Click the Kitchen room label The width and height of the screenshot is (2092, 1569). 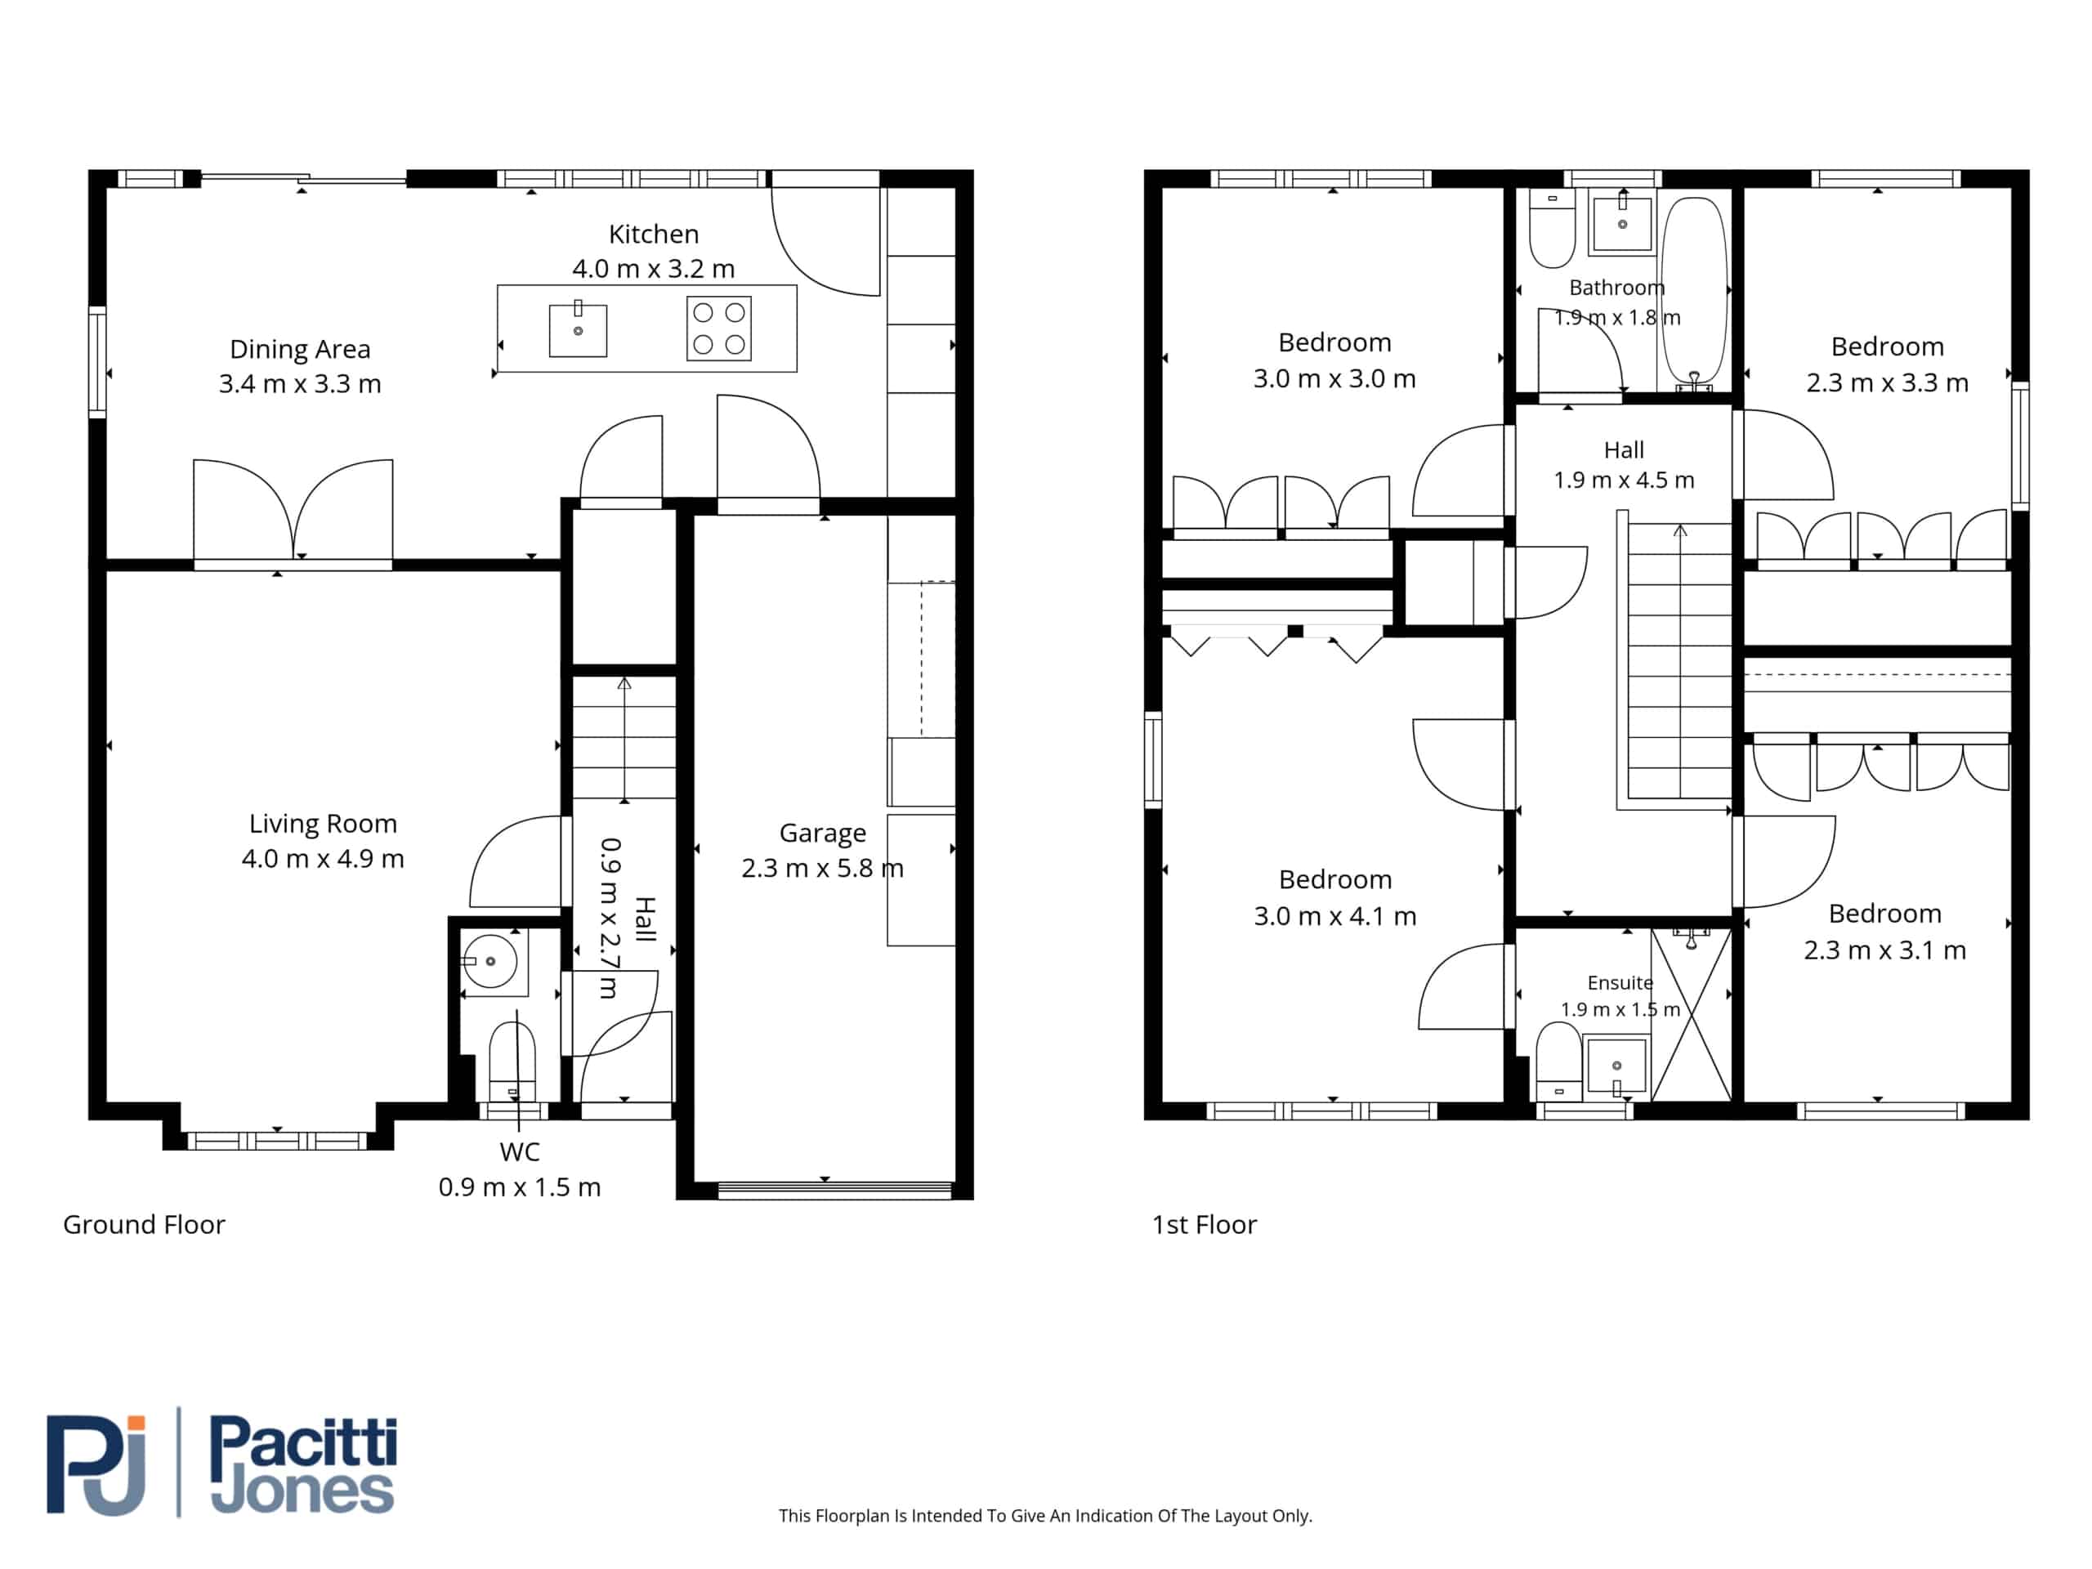[654, 234]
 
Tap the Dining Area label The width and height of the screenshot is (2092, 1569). [300, 349]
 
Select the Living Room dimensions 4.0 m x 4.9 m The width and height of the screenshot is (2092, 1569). [323, 859]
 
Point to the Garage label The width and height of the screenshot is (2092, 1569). [822, 834]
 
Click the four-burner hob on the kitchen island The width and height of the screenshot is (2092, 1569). [719, 329]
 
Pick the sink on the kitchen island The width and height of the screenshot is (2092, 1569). [578, 329]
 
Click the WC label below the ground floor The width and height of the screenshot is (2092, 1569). [519, 1152]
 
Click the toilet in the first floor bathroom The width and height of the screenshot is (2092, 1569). [1552, 228]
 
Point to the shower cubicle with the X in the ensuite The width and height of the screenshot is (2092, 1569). [1691, 1015]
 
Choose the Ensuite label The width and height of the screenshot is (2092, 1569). [1620, 982]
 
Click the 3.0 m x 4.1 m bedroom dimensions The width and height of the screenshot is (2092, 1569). [1334, 915]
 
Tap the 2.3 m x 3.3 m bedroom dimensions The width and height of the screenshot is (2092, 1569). [1887, 382]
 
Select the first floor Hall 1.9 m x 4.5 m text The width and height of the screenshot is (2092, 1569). [1624, 464]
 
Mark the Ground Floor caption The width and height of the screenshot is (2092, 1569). [144, 1225]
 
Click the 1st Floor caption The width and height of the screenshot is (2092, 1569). [1204, 1225]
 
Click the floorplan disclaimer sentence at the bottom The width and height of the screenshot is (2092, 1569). [1045, 1516]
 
